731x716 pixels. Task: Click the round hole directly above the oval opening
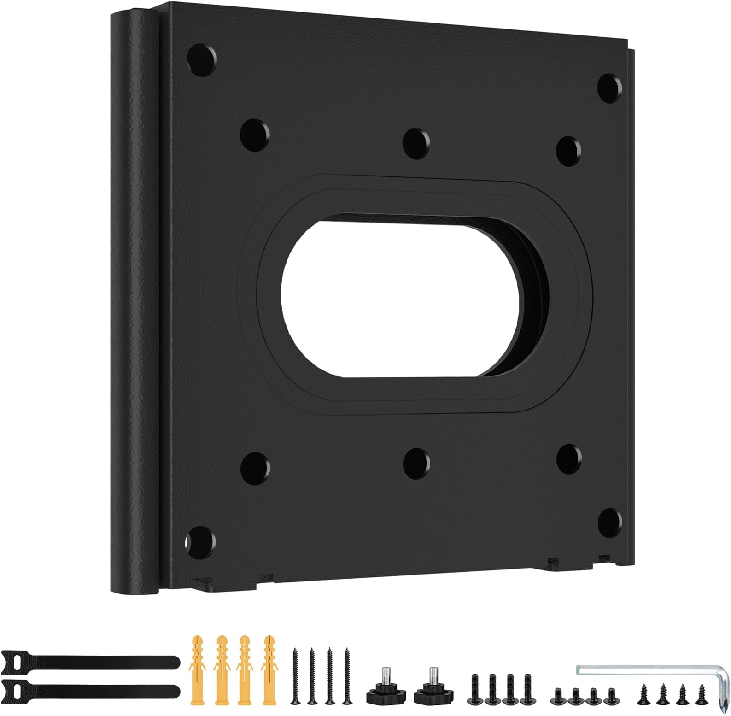coord(416,141)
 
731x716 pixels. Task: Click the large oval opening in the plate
coord(401,297)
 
